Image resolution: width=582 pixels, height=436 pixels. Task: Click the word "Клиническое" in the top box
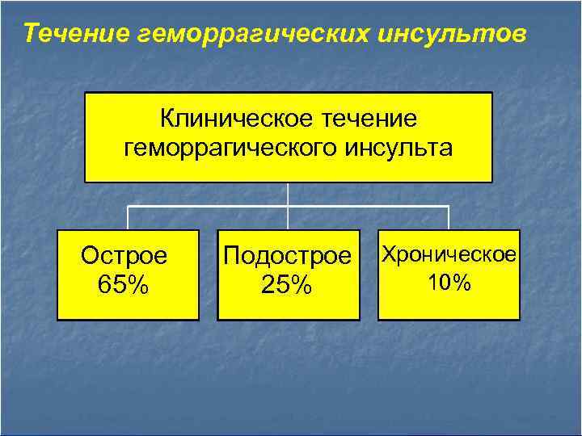(219, 119)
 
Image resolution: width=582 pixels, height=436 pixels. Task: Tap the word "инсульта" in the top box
(401, 149)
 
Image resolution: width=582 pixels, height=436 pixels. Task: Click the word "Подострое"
(288, 257)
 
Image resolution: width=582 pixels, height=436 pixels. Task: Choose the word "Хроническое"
(449, 254)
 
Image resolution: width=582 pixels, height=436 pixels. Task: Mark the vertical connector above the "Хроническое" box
(449, 218)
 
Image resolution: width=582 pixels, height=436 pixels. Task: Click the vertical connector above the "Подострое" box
(289, 219)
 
